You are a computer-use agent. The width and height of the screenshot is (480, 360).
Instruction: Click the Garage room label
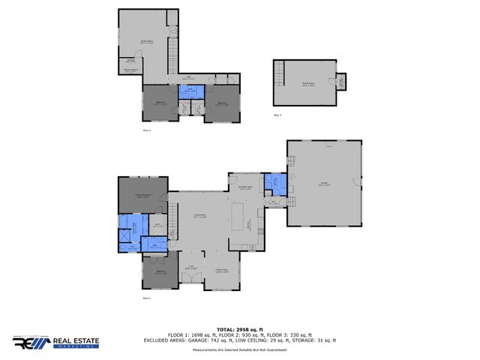(322, 184)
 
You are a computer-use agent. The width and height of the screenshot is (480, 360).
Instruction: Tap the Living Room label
(200, 216)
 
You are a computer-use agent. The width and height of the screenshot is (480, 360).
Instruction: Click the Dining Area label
(221, 269)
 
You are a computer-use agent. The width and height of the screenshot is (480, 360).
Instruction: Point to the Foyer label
(190, 267)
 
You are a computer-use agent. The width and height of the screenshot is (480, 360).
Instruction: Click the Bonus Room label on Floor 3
(307, 85)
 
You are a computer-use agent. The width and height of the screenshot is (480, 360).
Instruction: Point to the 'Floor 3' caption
(277, 115)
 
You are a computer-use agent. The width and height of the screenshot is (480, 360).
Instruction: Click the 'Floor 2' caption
(147, 130)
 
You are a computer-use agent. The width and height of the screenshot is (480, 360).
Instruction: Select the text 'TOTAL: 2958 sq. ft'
(240, 329)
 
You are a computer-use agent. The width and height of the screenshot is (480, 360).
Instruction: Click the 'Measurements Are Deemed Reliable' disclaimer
(240, 350)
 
